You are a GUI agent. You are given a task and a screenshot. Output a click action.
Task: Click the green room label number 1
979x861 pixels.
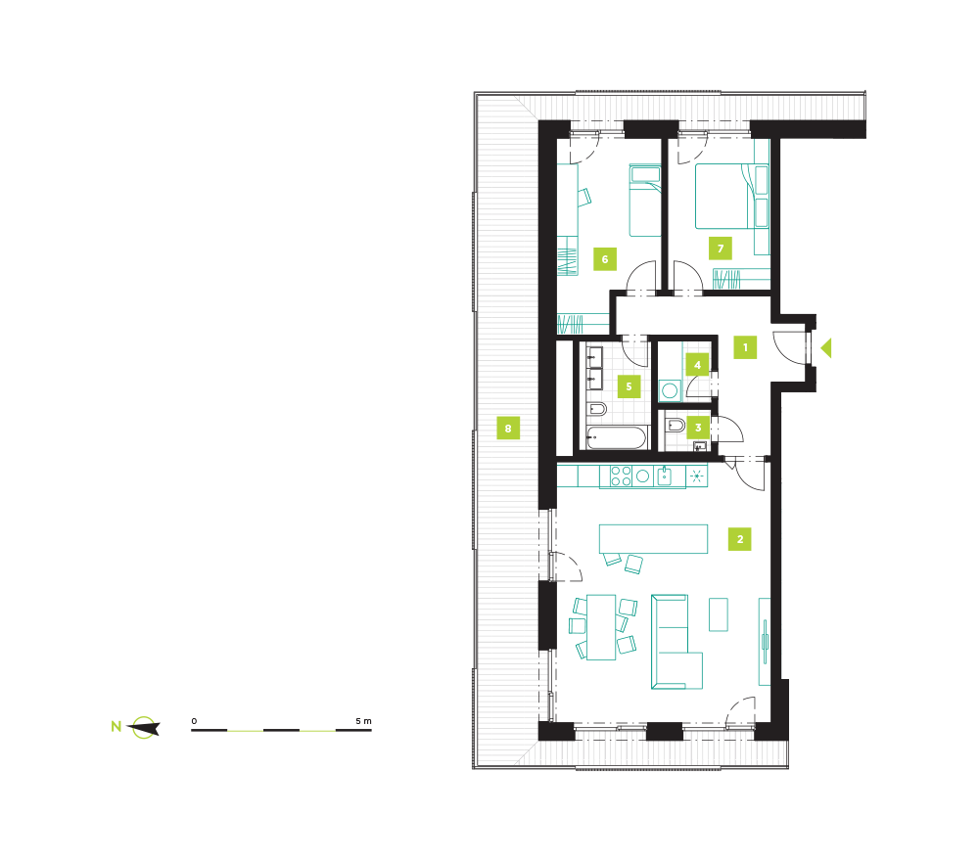pos(745,347)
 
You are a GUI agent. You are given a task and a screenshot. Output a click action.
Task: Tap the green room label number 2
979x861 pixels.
pos(740,539)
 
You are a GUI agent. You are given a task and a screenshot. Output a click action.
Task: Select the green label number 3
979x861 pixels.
pos(698,428)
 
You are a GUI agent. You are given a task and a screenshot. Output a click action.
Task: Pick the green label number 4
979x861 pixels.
pos(697,365)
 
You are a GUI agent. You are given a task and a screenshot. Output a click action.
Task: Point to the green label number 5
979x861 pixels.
pos(629,386)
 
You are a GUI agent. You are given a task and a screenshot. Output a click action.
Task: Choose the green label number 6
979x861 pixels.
pos(604,259)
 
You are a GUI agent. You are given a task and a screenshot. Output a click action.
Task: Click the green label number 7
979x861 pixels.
pos(721,249)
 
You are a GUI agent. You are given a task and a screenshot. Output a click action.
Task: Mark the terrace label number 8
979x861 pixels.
pos(508,428)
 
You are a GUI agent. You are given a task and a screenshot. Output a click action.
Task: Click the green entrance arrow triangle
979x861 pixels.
pos(826,347)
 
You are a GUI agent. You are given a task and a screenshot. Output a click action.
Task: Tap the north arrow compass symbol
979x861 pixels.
pos(144,728)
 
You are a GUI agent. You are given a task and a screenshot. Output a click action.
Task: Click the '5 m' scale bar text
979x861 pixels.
pos(363,721)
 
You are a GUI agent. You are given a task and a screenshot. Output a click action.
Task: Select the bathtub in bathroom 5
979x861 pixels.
pos(617,437)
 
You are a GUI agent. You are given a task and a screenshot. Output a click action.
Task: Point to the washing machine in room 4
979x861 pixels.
pos(670,390)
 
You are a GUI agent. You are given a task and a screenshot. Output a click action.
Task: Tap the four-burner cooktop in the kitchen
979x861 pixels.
pos(621,476)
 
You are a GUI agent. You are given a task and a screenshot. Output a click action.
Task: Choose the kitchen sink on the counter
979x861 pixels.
pos(665,476)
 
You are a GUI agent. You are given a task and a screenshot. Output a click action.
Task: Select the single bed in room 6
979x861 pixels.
pos(645,201)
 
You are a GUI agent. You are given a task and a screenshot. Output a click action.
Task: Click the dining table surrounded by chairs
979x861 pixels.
pos(601,627)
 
